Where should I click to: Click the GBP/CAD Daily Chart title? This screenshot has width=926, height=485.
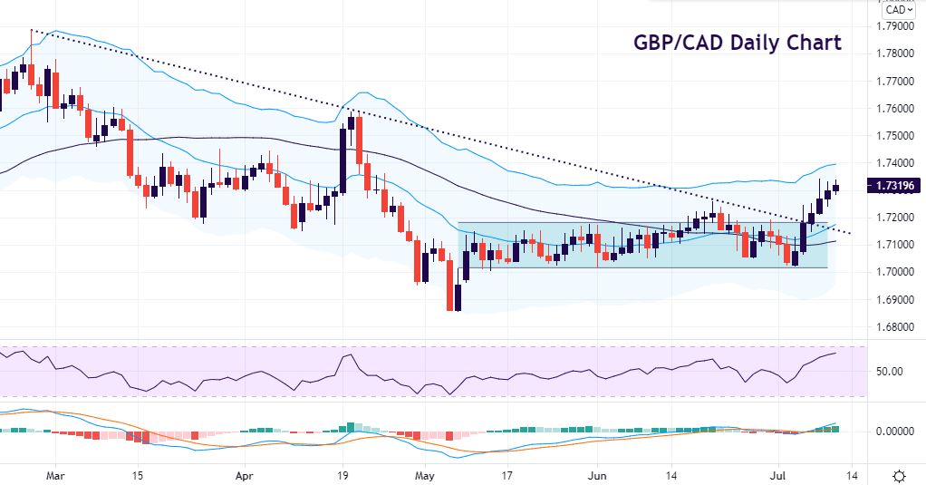pos(737,43)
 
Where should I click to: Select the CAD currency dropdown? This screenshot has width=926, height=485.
pos(898,9)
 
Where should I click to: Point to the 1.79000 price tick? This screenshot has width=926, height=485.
pos(895,25)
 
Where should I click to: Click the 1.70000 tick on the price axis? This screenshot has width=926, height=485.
pos(895,272)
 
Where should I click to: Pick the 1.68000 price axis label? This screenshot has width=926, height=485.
pos(895,326)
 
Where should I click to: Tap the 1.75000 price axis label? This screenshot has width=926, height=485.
pos(895,135)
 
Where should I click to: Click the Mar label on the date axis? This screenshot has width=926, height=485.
pos(55,474)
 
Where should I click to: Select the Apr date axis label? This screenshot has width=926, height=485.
pos(244,474)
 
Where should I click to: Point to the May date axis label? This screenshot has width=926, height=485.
pos(424,474)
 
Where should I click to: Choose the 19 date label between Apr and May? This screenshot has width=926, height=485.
pos(342,474)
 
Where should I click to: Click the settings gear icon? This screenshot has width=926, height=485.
pos(899,475)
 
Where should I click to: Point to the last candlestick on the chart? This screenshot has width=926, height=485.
pos(835,187)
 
